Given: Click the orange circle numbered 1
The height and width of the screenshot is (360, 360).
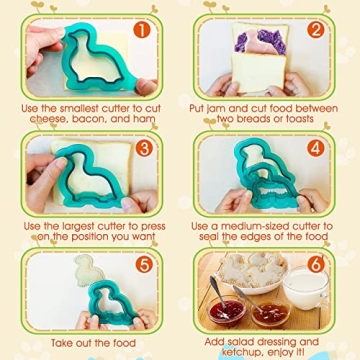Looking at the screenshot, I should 142,30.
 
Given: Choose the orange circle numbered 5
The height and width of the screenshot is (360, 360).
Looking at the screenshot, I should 142,265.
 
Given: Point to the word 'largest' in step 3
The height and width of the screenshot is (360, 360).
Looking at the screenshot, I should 86,225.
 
